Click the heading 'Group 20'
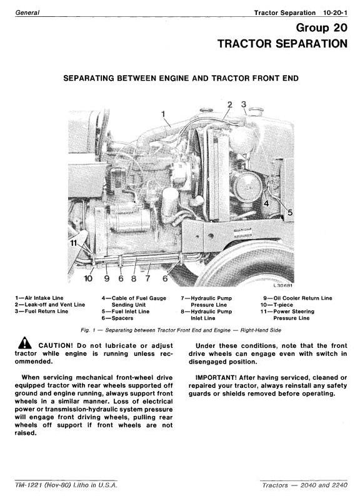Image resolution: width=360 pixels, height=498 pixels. (322, 28)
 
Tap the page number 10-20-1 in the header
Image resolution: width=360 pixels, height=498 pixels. (335, 13)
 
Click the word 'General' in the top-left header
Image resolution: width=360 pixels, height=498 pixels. (27, 13)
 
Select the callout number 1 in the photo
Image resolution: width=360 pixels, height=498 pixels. (163, 114)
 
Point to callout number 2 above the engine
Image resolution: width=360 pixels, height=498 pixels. (230, 104)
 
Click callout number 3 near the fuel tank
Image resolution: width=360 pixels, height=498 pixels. (244, 104)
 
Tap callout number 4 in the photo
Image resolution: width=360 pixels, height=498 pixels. (266, 203)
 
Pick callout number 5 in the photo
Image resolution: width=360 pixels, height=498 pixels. (290, 212)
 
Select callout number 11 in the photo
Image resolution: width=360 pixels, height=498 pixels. (74, 243)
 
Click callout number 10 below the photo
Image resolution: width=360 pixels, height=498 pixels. (88, 278)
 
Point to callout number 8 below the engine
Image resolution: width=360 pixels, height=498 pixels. (134, 278)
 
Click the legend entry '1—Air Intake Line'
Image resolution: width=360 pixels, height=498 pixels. (39, 298)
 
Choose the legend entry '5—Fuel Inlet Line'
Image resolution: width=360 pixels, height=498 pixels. (126, 312)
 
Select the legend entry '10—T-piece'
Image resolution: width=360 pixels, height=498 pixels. (277, 305)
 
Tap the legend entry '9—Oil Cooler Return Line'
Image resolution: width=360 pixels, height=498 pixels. (297, 298)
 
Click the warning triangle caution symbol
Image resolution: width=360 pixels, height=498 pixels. (25, 343)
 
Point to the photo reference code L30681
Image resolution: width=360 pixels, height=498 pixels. (283, 285)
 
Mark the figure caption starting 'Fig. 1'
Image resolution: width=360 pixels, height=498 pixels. (181, 330)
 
